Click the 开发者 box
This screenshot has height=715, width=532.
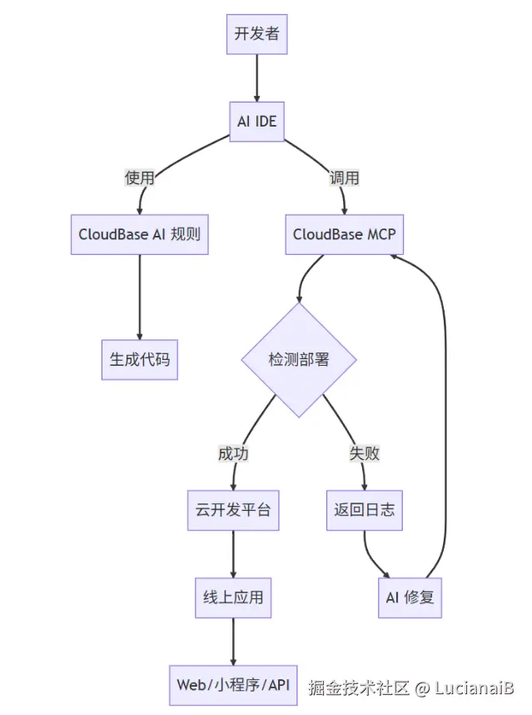(x=256, y=34)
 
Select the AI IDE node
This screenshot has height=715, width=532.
(x=256, y=122)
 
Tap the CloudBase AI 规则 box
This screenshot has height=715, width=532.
(x=139, y=234)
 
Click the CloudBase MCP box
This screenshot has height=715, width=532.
(x=345, y=234)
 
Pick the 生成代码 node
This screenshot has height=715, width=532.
(x=139, y=359)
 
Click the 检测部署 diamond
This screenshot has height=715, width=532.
(x=299, y=359)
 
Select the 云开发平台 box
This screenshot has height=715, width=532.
(x=233, y=510)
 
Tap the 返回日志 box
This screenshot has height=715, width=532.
(x=365, y=510)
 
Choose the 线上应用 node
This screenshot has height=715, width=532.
(x=233, y=597)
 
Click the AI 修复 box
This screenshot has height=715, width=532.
(x=410, y=597)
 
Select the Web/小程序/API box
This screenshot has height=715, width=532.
(x=233, y=685)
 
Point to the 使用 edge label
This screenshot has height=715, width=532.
(x=139, y=177)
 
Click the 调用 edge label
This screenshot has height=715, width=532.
(x=345, y=177)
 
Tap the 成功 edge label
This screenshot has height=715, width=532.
(x=233, y=453)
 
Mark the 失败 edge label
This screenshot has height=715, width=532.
(x=365, y=453)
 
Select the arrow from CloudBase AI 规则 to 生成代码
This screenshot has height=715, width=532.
(x=139, y=296)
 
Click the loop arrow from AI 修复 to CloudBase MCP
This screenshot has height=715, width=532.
(x=445, y=417)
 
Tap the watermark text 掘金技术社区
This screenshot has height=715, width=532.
(x=359, y=688)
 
